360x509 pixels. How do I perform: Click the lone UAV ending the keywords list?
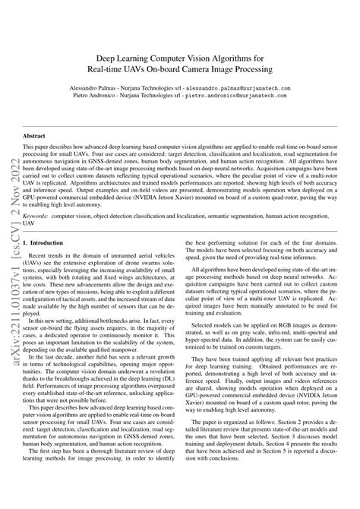(x=29, y=225)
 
